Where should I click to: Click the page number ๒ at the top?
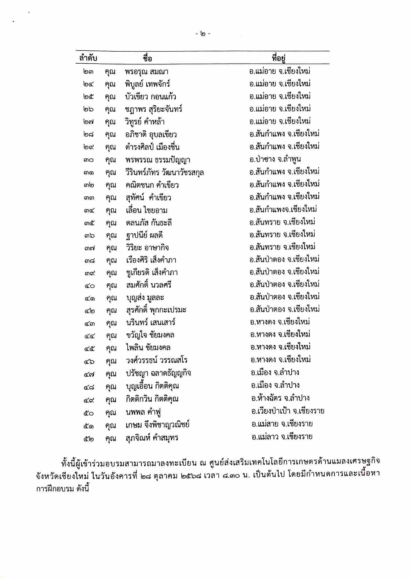pyautogui.click(x=203, y=34)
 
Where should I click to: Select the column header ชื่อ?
pyautogui.click(x=147, y=58)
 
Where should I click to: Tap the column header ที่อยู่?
pyautogui.click(x=279, y=58)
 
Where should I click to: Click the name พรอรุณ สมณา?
pyautogui.click(x=146, y=72)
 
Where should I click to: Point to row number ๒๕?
pyautogui.click(x=89, y=97)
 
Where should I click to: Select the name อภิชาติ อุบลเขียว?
pyautogui.click(x=151, y=134)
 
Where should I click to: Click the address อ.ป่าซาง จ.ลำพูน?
pyautogui.click(x=275, y=159)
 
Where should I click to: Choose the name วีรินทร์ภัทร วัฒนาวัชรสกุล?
pyautogui.click(x=165, y=172)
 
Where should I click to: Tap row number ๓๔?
pyautogui.click(x=89, y=211)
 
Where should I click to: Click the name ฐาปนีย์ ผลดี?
pyautogui.click(x=144, y=235)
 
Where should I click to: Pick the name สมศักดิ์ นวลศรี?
pyautogui.click(x=149, y=285)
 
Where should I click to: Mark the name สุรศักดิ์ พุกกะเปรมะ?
pyautogui.click(x=156, y=310)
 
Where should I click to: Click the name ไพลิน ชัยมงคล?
pyautogui.click(x=148, y=348)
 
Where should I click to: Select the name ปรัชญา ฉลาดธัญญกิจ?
pyautogui.click(x=158, y=373)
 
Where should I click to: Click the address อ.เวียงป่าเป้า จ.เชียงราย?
pyautogui.click(x=288, y=411)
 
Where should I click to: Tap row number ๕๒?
pyautogui.click(x=89, y=438)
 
